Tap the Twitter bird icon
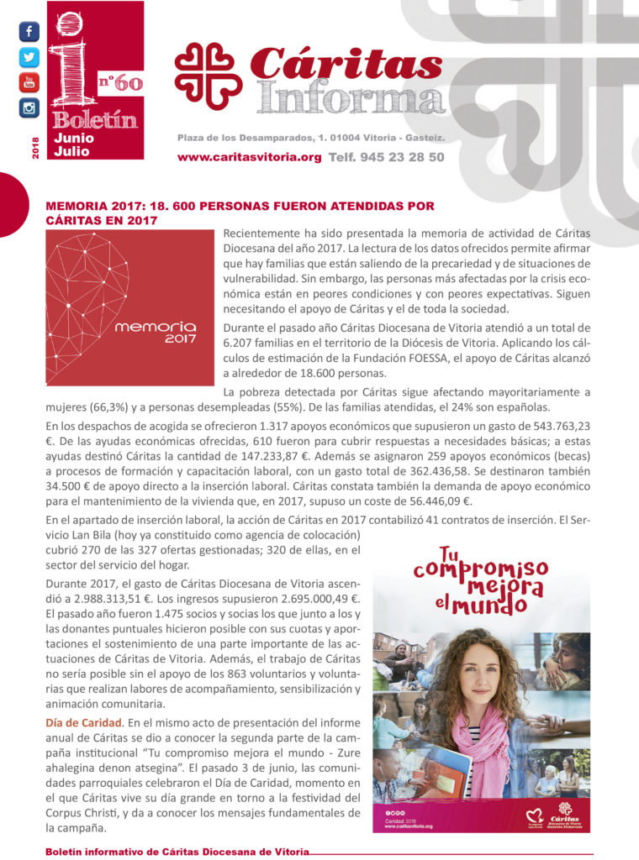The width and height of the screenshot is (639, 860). tap(29, 57)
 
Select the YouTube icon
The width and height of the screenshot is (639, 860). tap(29, 82)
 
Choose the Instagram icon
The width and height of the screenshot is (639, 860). tap(29, 107)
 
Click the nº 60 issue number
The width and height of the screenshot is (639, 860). tap(120, 82)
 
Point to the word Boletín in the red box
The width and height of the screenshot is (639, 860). tap(94, 119)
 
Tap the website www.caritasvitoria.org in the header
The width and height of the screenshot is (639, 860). tap(249, 157)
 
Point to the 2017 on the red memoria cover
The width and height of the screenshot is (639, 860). tap(181, 339)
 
